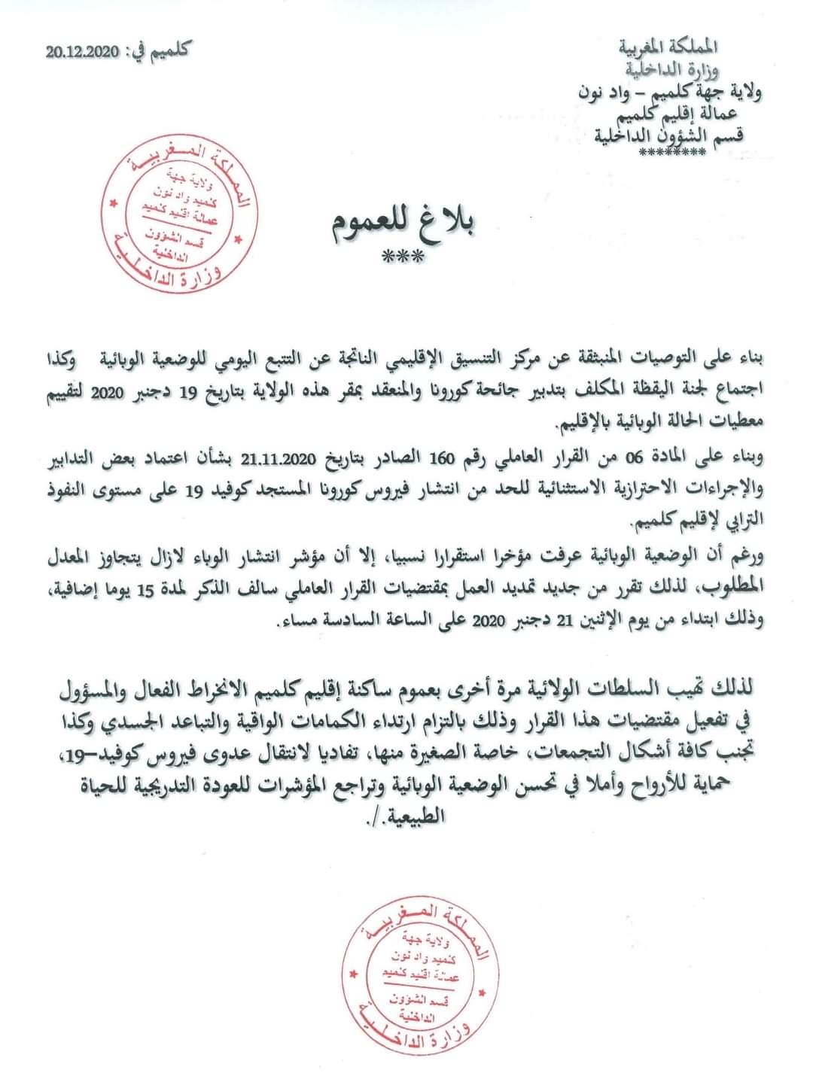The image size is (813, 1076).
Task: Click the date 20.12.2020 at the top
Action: tap(82, 53)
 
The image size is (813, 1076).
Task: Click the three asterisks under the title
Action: tap(403, 258)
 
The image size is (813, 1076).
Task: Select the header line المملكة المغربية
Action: tap(671, 49)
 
